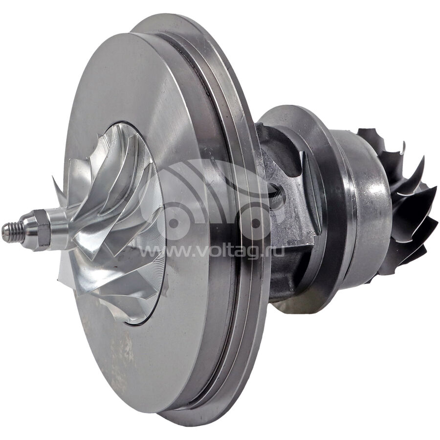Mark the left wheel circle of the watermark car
click(x=174, y=223)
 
